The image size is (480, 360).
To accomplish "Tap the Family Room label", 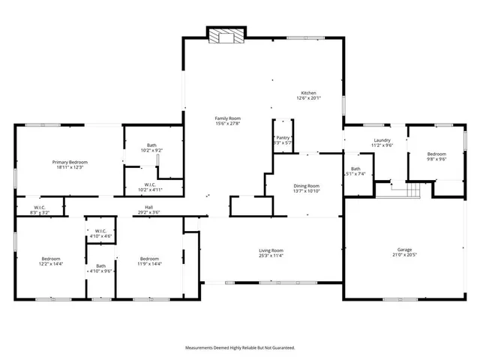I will click(x=227, y=118).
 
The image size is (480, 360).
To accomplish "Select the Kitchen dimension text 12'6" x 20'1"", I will click(x=308, y=97).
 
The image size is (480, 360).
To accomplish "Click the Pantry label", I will click(x=283, y=137).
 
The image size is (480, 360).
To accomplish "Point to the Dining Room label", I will click(x=306, y=186).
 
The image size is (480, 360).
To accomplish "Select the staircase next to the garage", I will click(x=405, y=191).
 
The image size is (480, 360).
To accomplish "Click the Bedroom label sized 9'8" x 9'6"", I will click(x=436, y=153).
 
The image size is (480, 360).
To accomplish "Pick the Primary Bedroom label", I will click(x=70, y=163).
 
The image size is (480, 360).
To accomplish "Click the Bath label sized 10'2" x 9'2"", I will click(x=151, y=145).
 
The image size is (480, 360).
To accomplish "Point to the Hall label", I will click(x=149, y=208).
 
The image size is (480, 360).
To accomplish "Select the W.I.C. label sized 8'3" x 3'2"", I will click(x=40, y=208).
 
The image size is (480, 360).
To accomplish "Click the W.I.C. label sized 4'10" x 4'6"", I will click(x=100, y=231).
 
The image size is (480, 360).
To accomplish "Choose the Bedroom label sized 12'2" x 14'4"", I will click(x=51, y=259).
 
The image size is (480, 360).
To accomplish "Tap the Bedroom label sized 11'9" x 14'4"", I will click(x=149, y=259).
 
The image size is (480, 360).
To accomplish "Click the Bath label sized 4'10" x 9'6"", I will click(x=100, y=265).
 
